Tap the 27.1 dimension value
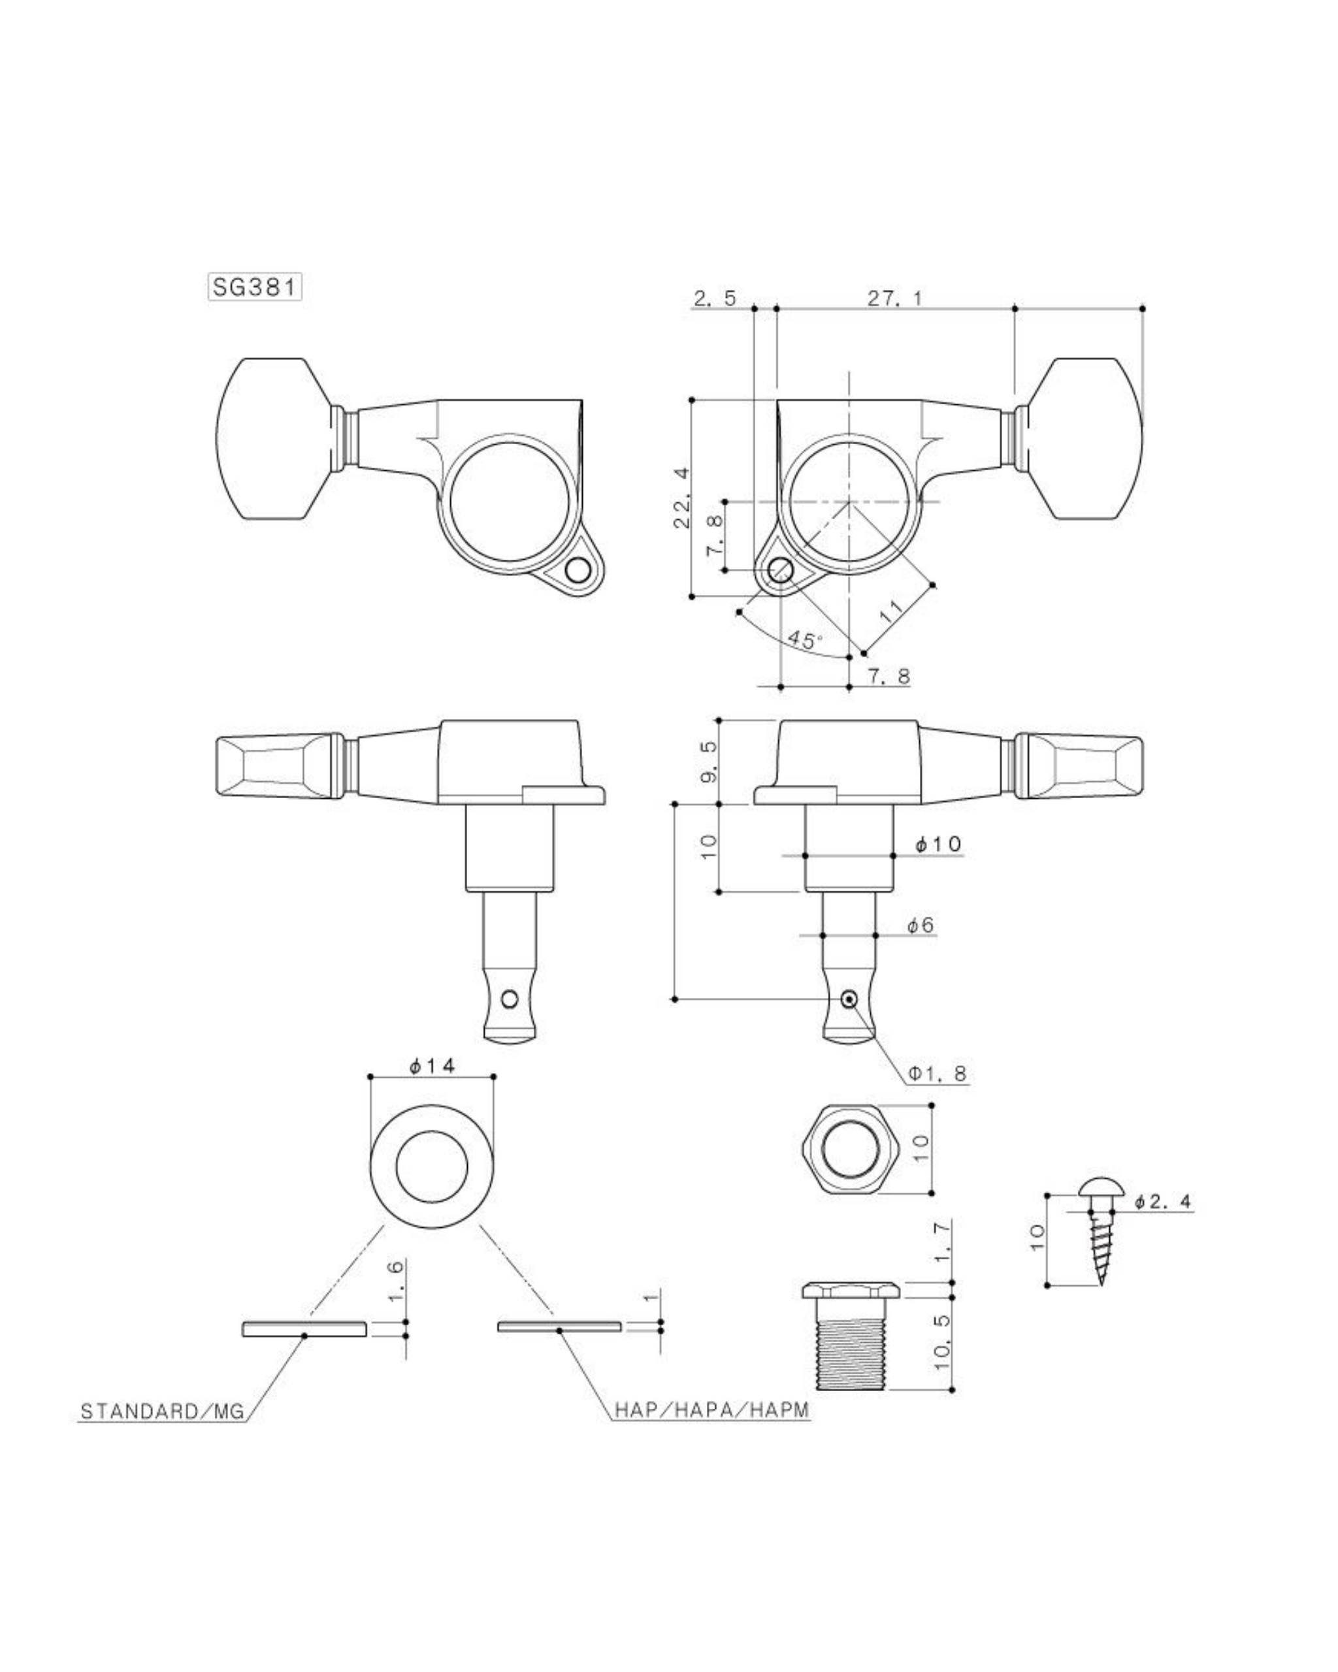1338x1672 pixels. point(895,298)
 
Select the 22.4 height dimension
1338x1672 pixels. point(682,497)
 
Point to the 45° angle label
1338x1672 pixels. point(804,640)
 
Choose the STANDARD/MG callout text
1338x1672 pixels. point(163,1411)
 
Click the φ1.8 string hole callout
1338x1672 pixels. point(938,1073)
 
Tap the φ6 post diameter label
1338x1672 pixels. point(921,924)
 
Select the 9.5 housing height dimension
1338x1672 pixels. point(710,762)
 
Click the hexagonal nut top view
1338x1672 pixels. point(849,1149)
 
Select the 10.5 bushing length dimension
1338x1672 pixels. point(943,1342)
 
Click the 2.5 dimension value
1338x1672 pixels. point(714,298)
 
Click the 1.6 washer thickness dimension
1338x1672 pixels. point(395,1282)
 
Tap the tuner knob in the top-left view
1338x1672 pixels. point(282,438)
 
